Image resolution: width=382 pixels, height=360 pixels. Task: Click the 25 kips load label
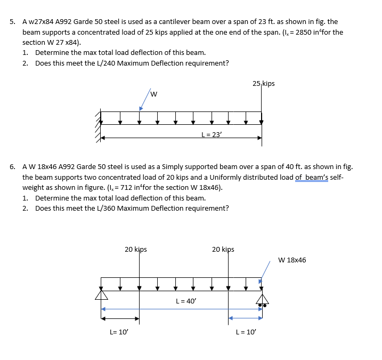point(264,84)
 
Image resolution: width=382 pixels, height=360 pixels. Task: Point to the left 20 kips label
point(135,249)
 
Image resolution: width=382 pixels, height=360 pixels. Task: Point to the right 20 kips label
point(223,249)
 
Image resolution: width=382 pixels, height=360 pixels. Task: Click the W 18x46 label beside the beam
point(292,260)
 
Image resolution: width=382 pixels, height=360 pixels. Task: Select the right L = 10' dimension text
point(246,332)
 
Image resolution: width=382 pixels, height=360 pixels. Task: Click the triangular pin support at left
point(101,294)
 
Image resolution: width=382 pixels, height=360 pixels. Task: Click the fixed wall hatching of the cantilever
point(98,126)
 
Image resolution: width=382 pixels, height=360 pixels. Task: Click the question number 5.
point(12,22)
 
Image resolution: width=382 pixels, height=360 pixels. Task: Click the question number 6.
point(12,167)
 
